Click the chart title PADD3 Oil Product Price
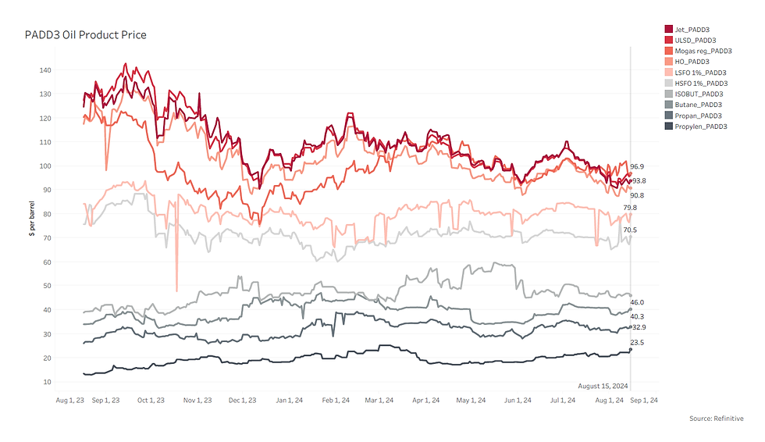pyautogui.click(x=86, y=35)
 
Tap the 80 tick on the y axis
pyautogui.click(x=47, y=214)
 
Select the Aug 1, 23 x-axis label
pyautogui.click(x=71, y=401)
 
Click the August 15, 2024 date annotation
pyautogui.click(x=603, y=386)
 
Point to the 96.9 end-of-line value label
pyautogui.click(x=638, y=167)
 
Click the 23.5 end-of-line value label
pyautogui.click(x=638, y=343)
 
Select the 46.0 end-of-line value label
pyautogui.click(x=638, y=302)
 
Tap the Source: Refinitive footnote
pyautogui.click(x=717, y=419)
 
